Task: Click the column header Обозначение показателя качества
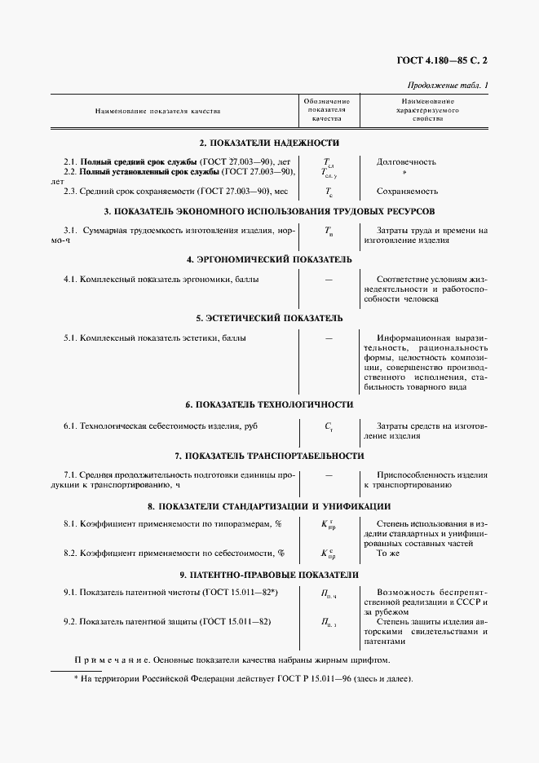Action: tap(329, 109)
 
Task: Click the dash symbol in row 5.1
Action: tap(329, 337)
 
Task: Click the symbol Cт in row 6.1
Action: tap(329, 426)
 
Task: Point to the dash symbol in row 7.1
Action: tap(329, 474)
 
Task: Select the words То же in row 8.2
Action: tap(387, 552)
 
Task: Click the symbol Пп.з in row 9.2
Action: tap(329, 623)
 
